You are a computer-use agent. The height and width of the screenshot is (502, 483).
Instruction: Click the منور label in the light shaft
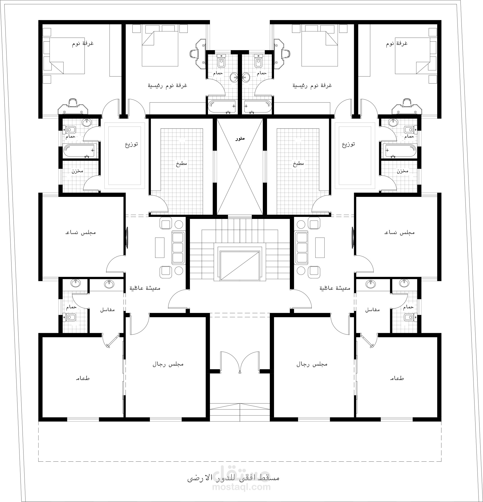click(x=240, y=139)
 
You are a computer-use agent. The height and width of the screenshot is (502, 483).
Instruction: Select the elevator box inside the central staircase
click(x=240, y=266)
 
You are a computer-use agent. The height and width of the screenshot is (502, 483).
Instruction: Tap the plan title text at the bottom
click(x=233, y=478)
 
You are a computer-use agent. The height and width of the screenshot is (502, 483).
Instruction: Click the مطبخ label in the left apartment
click(x=181, y=163)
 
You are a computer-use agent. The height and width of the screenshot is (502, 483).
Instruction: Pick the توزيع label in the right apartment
click(x=348, y=144)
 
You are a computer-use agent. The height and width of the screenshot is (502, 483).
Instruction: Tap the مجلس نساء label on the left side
click(x=81, y=232)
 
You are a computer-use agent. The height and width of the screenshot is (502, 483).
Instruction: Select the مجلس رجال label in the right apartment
click(x=312, y=364)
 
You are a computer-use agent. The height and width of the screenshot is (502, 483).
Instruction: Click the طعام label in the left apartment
click(x=83, y=378)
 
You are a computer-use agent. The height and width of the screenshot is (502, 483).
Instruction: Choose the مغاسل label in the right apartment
click(x=372, y=310)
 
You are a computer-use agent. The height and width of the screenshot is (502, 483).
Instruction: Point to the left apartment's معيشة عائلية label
click(x=145, y=288)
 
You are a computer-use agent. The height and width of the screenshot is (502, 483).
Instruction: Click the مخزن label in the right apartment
click(x=403, y=171)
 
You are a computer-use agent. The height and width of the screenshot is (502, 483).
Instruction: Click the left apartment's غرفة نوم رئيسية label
click(x=167, y=85)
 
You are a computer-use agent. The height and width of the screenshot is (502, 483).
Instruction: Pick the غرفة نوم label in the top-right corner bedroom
click(x=397, y=44)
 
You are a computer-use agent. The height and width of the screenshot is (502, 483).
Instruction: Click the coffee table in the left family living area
click(x=160, y=247)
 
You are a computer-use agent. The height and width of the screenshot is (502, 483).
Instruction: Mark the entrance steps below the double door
click(x=240, y=412)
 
